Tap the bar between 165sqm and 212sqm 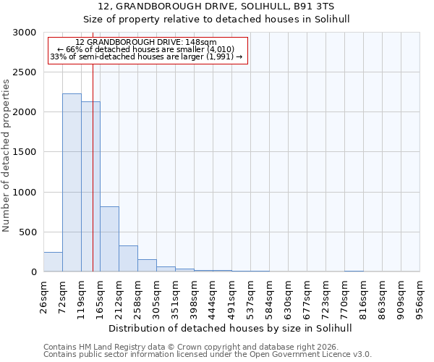[109, 239]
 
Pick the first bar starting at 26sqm [53, 262]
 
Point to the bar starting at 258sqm [147, 265]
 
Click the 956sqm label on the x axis [420, 295]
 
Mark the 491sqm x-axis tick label [231, 295]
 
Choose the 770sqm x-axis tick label [344, 295]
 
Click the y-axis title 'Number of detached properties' [7, 156]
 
